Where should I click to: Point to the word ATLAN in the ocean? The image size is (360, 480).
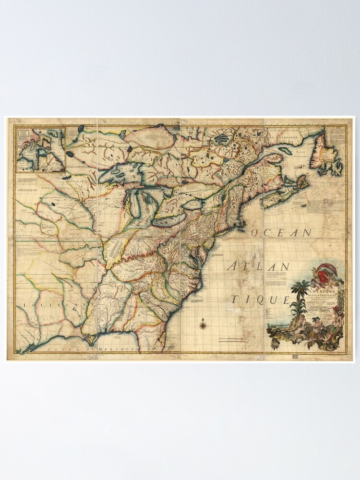[259, 267]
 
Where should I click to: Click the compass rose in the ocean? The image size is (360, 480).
[203, 325]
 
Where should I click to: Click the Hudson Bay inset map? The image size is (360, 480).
[40, 149]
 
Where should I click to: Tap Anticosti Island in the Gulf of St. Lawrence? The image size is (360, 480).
[288, 151]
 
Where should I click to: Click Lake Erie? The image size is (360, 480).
[171, 219]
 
